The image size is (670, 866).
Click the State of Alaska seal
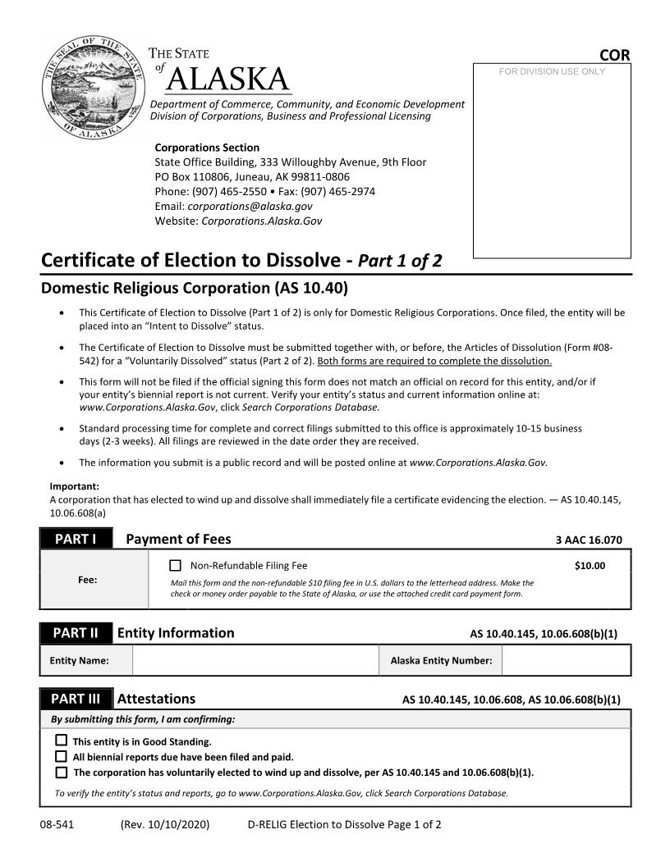coord(92,89)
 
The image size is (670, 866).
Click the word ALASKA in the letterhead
coord(228,80)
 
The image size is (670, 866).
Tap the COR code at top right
coord(614,55)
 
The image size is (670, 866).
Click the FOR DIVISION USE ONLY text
coord(552,71)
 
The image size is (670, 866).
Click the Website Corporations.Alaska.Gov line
coord(238,221)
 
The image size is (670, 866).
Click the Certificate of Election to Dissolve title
coord(241,260)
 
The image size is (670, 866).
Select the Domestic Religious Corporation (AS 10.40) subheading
coord(195,288)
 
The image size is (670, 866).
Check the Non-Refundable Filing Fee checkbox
coord(175,565)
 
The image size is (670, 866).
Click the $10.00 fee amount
coord(590,565)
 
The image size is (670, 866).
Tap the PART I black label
coord(76,539)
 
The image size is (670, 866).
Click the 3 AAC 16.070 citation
coord(589,540)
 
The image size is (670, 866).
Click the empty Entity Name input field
coord(255,660)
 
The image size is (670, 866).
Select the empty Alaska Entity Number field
coord(565,660)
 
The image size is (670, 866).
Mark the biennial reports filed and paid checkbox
coord(61,757)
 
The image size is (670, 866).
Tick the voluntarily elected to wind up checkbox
coord(61,773)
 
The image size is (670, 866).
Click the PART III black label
coord(76,699)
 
